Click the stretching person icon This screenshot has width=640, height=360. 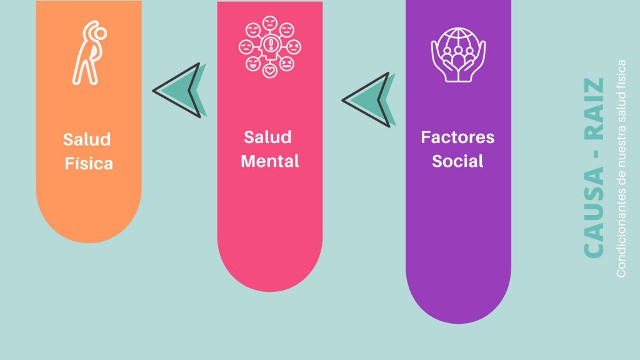[x=88, y=54]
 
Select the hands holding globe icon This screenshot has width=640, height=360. [x=458, y=54]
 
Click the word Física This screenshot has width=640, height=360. [x=89, y=164]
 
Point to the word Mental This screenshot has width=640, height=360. [x=270, y=161]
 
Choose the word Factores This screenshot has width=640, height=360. [x=457, y=137]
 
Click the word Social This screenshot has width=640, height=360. [x=457, y=161]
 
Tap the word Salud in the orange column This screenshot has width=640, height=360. [x=87, y=139]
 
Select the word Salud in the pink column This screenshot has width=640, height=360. [x=268, y=136]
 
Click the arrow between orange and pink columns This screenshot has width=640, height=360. [x=179, y=91]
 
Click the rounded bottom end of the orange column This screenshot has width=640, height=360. [x=89, y=225]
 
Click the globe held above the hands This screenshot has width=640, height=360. [x=458, y=44]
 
